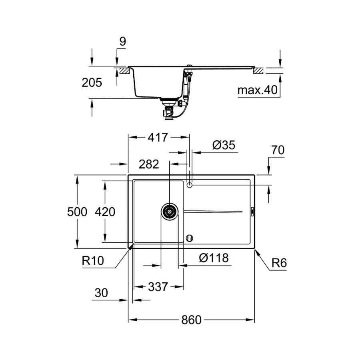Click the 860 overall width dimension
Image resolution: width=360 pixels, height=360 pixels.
(x=191, y=320)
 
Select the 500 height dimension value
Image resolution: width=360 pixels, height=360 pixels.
(x=77, y=212)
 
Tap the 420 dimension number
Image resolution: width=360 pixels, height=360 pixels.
(x=105, y=212)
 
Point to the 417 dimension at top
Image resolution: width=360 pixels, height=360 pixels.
(x=158, y=138)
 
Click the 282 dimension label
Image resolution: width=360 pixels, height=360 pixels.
(x=149, y=164)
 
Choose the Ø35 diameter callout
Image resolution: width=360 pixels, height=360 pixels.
(x=224, y=145)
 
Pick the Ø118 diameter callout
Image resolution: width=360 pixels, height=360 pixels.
(x=214, y=258)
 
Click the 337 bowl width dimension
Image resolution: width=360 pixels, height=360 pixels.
(x=158, y=287)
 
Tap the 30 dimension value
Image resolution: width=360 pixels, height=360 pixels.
(x=101, y=293)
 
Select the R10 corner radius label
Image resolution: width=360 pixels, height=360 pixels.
(x=93, y=260)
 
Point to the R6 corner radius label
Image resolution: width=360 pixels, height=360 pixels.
(x=279, y=263)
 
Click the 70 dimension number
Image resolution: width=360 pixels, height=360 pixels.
(x=278, y=150)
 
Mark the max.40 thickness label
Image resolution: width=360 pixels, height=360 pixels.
(x=258, y=90)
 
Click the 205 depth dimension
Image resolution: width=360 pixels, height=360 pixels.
(x=92, y=82)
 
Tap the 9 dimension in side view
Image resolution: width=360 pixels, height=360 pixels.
(x=123, y=42)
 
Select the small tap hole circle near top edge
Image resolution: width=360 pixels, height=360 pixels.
(x=190, y=185)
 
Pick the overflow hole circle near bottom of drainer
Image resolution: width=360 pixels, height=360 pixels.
(x=190, y=238)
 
